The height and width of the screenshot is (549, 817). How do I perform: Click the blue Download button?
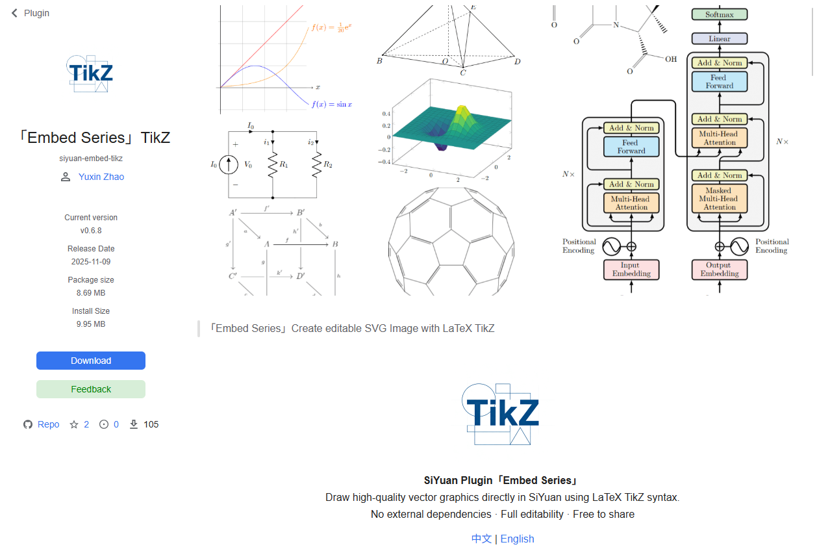tap(91, 361)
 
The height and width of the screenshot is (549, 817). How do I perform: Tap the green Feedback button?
tap(91, 389)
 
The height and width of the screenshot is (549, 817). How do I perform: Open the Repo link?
tap(48, 424)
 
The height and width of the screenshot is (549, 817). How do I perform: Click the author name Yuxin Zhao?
tap(101, 177)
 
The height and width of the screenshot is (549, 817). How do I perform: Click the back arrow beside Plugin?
tap(14, 13)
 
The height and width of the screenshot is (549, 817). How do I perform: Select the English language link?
tap(517, 539)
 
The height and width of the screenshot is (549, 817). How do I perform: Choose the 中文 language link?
tap(481, 539)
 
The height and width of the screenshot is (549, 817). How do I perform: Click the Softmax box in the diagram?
tap(719, 14)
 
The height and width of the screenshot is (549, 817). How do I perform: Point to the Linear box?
tap(719, 39)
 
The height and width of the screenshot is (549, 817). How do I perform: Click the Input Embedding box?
tap(631, 270)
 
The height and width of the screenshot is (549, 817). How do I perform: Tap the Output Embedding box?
tap(719, 270)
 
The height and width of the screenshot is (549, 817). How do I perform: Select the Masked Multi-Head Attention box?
tap(719, 199)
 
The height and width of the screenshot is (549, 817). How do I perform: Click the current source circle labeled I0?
tap(229, 165)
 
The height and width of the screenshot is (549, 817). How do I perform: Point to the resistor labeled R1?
tap(273, 165)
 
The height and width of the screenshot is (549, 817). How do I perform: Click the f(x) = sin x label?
tap(332, 105)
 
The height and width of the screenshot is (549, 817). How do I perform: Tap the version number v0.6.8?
tap(91, 231)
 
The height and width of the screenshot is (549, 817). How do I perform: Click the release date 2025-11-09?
tap(91, 262)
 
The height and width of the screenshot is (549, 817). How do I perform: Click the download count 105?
tap(151, 424)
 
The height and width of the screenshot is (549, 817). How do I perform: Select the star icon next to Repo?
tap(74, 424)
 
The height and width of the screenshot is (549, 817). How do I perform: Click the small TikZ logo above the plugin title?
tap(90, 73)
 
